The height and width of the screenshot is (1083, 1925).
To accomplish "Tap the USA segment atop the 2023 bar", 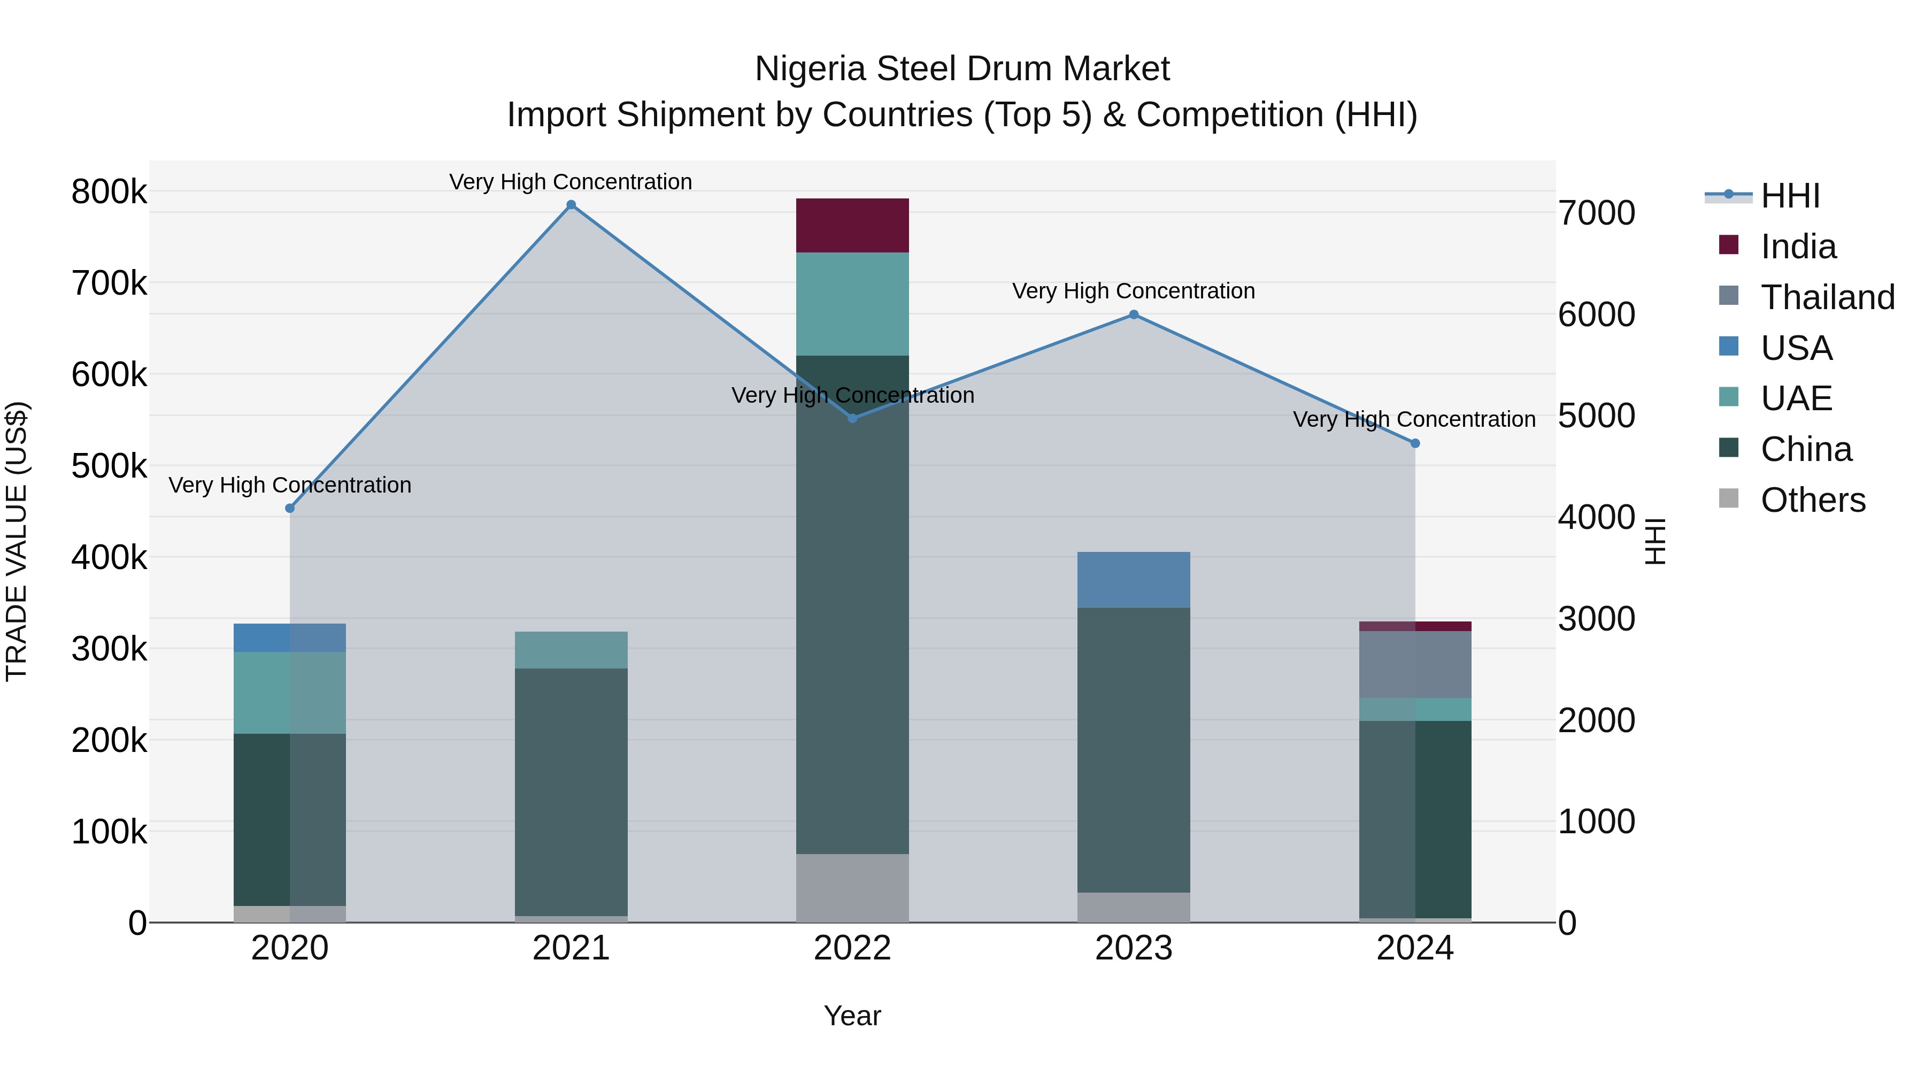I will (x=1133, y=579).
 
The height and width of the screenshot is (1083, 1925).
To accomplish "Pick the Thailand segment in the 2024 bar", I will (x=1414, y=664).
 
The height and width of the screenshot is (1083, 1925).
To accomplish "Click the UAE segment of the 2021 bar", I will (x=571, y=649).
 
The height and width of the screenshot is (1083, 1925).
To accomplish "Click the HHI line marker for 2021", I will (x=571, y=205).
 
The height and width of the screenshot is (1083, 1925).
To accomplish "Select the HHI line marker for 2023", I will (x=1134, y=314).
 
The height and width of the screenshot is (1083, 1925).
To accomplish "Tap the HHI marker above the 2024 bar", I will (x=1414, y=443).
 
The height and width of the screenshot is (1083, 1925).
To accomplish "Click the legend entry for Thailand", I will (x=1827, y=297).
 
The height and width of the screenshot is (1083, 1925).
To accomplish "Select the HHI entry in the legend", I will (x=1790, y=196).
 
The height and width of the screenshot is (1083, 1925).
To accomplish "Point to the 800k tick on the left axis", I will (x=109, y=192).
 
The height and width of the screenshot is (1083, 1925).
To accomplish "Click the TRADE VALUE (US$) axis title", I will (x=17, y=541).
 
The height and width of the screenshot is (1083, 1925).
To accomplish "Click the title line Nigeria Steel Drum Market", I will (x=962, y=69).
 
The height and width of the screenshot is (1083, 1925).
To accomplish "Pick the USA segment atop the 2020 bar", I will (x=289, y=637).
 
